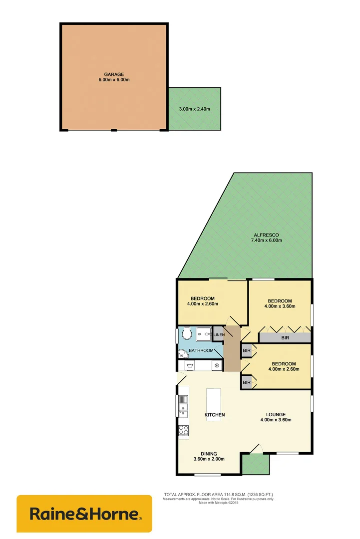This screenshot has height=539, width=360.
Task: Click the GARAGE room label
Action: [114, 74]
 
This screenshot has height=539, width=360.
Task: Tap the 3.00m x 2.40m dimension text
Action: [194, 109]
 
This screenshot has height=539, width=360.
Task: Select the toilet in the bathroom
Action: [187, 333]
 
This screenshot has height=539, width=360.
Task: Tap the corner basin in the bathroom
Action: [183, 353]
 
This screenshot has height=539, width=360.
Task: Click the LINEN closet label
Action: [219, 334]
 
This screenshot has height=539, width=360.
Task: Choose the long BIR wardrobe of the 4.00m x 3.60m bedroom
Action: [285, 338]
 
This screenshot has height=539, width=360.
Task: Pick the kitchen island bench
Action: [214, 404]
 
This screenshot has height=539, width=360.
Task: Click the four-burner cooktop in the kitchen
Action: [183, 430]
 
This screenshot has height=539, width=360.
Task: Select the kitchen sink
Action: [183, 405]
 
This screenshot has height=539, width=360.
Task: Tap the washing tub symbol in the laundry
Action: [190, 366]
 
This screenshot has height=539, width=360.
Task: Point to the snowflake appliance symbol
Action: [217, 366]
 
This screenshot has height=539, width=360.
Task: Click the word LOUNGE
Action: [276, 414]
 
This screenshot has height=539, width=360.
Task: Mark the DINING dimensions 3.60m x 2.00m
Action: [209, 459]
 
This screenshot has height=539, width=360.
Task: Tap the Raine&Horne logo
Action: [84, 514]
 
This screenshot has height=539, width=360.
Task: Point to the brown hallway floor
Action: [232, 352]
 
